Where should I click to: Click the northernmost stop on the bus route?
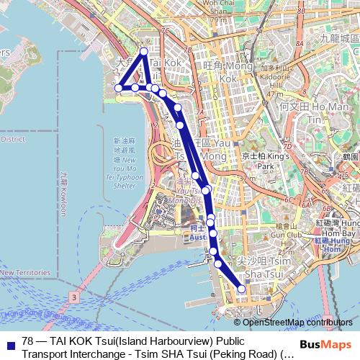click(144, 51)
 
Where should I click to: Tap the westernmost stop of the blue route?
click(119, 88)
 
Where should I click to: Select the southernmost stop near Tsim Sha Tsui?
click(242, 289)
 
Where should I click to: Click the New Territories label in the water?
click(25, 273)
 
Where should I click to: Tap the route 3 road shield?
click(73, 296)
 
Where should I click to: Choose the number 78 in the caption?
click(29, 341)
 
